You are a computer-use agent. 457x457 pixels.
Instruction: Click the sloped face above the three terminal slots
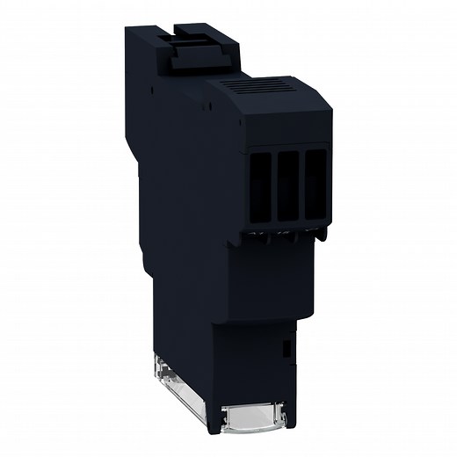pos(286,127)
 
